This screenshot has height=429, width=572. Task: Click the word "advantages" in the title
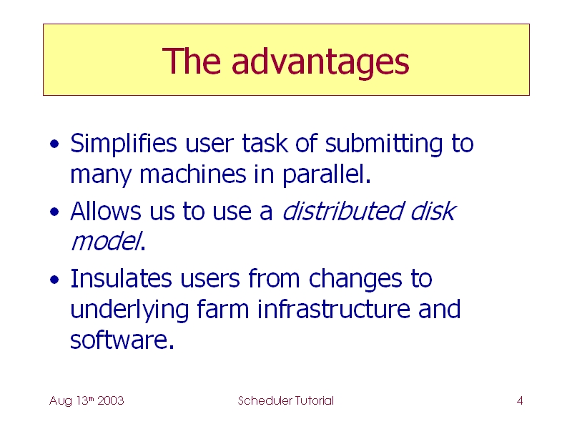[320, 62]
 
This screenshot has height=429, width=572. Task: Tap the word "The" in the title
[192, 61]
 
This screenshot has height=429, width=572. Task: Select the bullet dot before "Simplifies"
[54, 144]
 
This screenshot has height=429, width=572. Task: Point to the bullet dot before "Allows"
[54, 212]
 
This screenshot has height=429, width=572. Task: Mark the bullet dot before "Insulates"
[54, 280]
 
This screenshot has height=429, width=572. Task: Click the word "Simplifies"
[124, 144]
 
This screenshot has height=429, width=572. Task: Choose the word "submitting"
[384, 144]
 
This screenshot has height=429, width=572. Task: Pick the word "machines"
[193, 174]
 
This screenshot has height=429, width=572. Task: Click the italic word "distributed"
[343, 211]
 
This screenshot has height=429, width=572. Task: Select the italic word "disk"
[433, 211]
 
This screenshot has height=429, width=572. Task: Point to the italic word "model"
[106, 242]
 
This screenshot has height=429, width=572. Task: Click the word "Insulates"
[121, 279]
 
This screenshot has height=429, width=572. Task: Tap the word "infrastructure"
[334, 309]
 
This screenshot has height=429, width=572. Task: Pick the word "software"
[119, 340]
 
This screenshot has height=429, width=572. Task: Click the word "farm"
[223, 309]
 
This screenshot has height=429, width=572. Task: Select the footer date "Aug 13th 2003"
[87, 401]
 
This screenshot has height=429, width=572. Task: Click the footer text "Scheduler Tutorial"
[285, 400]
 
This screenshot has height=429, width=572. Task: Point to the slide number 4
[520, 401]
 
